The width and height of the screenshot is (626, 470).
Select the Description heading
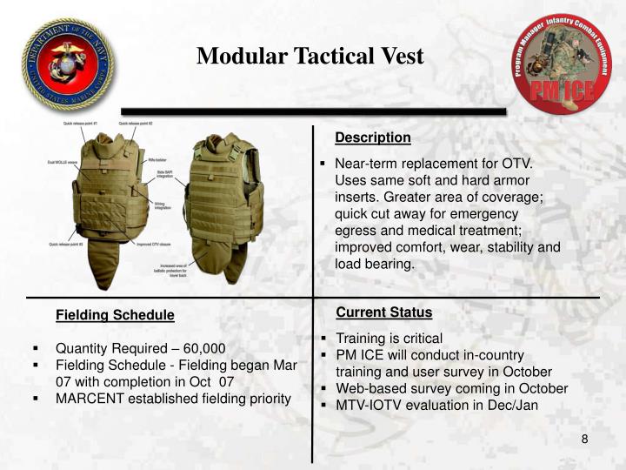point(373,138)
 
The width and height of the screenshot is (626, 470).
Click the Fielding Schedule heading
point(115,314)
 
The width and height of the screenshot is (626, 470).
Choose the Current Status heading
point(383,312)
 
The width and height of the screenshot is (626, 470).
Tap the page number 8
point(585,439)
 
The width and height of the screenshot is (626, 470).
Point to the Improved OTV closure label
point(153,245)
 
